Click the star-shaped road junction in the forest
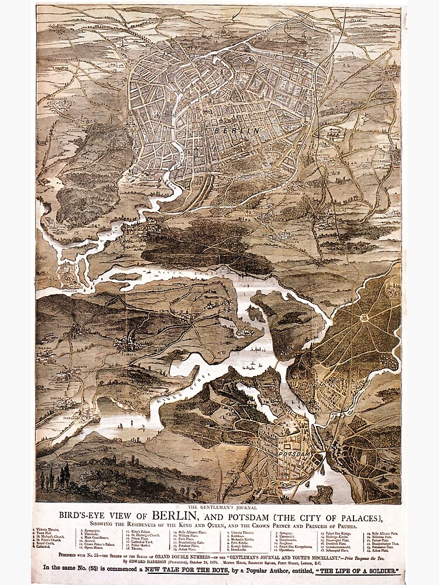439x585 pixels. (x=363, y=318)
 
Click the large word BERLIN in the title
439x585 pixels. (x=175, y=517)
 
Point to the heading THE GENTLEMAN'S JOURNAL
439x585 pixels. (x=219, y=507)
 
